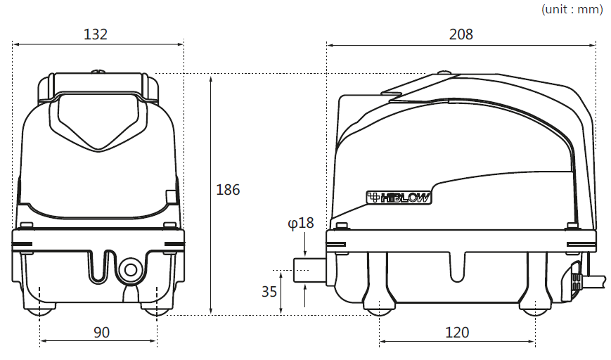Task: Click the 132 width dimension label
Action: point(96,34)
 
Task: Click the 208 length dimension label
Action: point(461,34)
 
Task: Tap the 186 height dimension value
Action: point(228,190)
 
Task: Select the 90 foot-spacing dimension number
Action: point(102,333)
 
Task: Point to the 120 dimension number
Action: point(457,333)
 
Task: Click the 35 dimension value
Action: point(269,291)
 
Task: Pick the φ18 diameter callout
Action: point(300,223)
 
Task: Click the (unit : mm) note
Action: point(572,9)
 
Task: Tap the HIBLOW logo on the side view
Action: point(399,198)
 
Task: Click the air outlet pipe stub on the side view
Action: point(310,269)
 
